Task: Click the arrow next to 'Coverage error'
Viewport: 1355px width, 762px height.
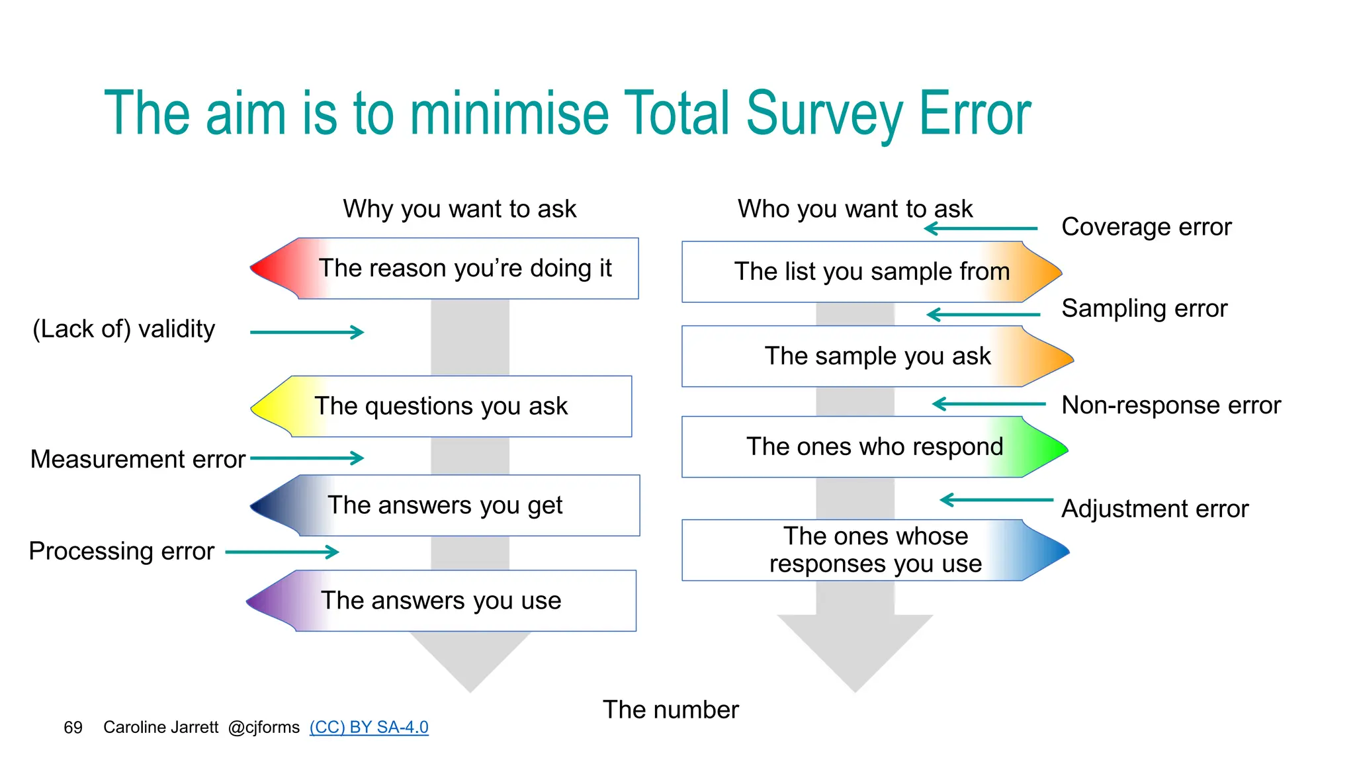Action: tap(981, 229)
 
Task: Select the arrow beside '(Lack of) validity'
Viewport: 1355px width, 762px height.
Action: tap(307, 332)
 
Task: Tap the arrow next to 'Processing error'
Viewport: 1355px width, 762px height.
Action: tap(283, 552)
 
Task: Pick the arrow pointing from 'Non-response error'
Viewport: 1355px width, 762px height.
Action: tap(988, 403)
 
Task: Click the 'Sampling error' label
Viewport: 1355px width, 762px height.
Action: tap(1144, 309)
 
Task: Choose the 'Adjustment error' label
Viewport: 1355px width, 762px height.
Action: tap(1155, 509)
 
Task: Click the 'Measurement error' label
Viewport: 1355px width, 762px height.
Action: tap(138, 459)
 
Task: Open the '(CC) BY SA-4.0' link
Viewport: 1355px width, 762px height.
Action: tap(369, 727)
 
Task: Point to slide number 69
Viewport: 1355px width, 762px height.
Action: tap(73, 728)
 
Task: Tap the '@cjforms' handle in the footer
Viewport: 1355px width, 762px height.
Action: tap(263, 728)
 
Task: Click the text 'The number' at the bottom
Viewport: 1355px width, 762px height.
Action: tap(670, 710)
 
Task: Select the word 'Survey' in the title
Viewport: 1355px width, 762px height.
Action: tap(824, 114)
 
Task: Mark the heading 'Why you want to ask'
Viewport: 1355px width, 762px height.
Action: tap(459, 209)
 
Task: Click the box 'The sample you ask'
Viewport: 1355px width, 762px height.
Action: tap(877, 357)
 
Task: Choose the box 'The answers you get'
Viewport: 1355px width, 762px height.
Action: tap(445, 505)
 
